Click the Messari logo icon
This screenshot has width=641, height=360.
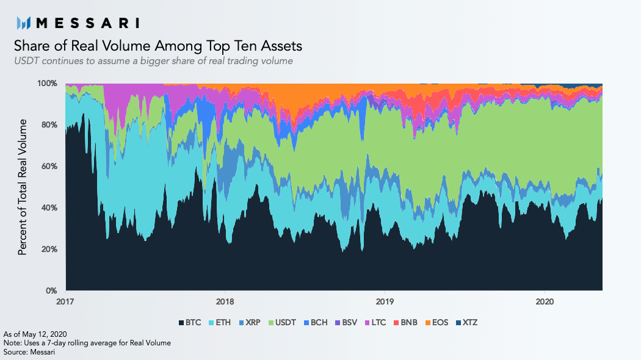(x=24, y=23)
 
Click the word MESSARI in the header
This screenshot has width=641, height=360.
(x=87, y=23)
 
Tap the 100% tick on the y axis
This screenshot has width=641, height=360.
(x=48, y=83)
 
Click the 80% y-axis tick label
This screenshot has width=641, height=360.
(x=49, y=124)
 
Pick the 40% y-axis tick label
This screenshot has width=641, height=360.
(x=49, y=207)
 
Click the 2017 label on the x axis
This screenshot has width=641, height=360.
(x=65, y=301)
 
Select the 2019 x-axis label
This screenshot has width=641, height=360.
(x=384, y=301)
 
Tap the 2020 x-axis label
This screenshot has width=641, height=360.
(x=544, y=301)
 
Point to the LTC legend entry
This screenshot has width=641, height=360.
(x=377, y=322)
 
